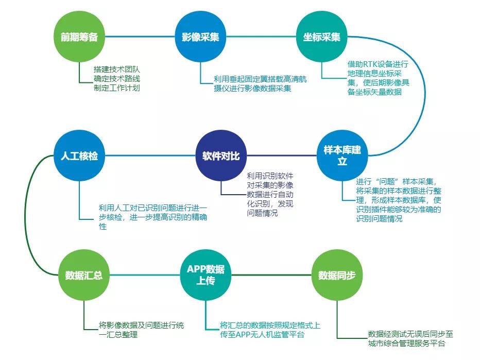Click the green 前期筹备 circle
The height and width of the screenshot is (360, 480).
tap(79, 38)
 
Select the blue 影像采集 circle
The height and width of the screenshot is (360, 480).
tap(200, 38)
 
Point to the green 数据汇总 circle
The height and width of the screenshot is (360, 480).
tap(84, 275)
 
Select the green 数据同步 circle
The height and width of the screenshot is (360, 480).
tap(337, 275)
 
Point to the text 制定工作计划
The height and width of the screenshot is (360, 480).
tap(116, 88)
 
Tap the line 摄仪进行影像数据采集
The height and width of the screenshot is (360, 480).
tap(252, 89)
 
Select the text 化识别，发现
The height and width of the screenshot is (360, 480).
tap(268, 203)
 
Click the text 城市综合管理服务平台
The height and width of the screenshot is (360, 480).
tap(406, 344)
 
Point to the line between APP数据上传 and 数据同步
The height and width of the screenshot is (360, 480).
tap(271, 275)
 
